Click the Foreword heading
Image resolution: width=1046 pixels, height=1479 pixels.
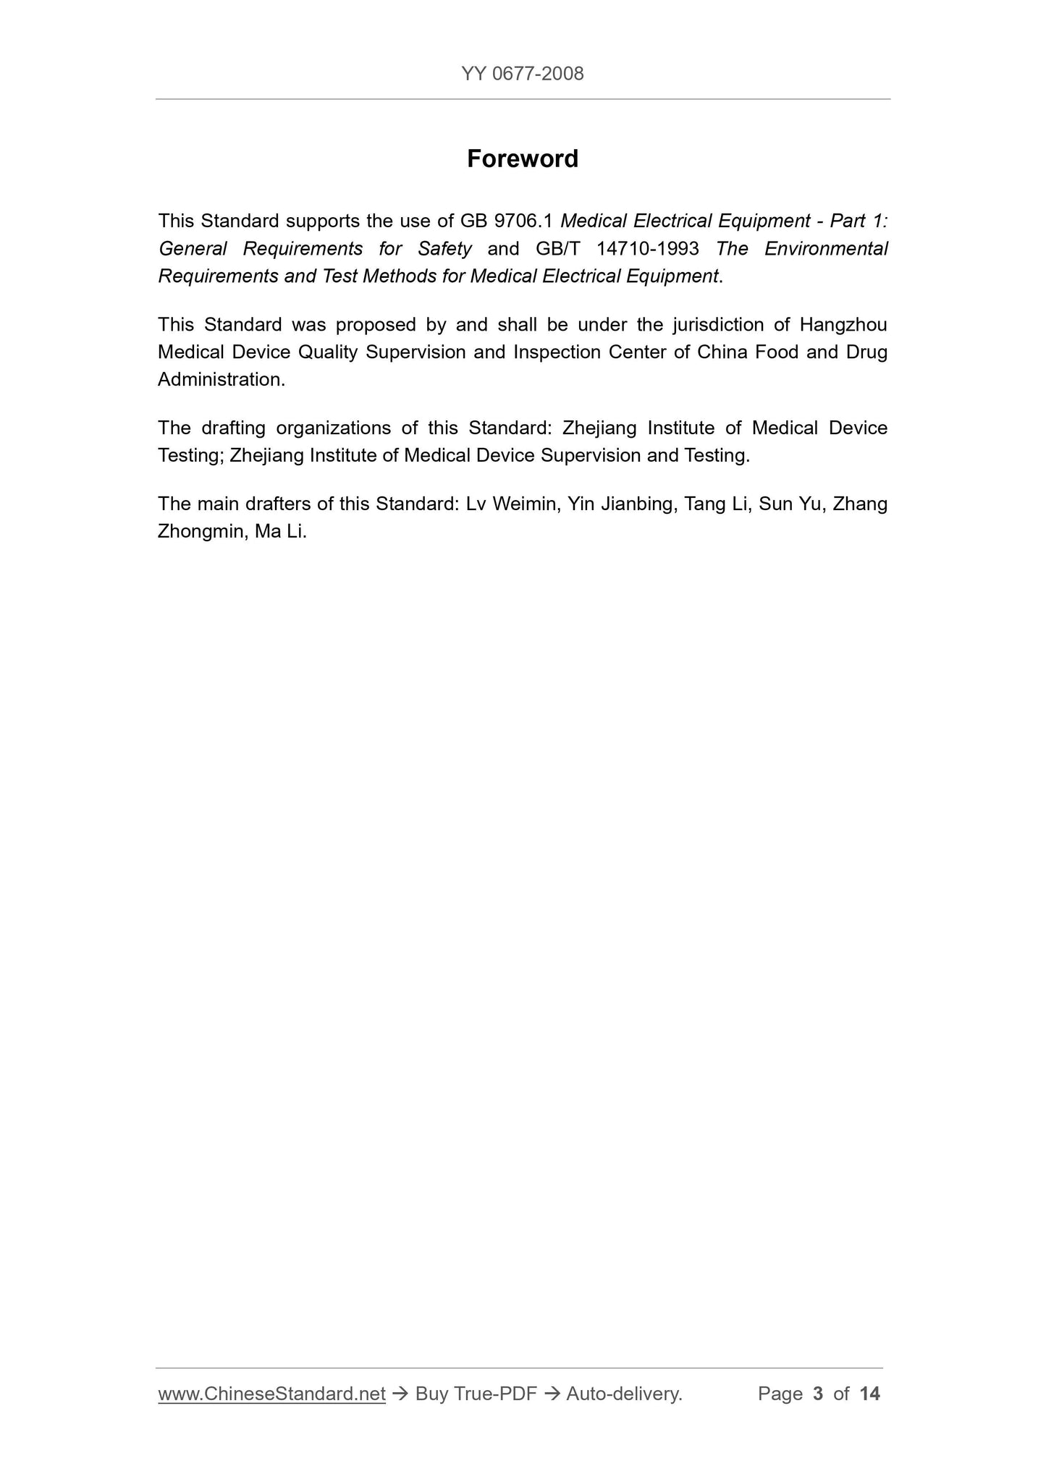click(522, 159)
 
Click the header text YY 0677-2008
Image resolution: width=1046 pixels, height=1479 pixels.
click(522, 74)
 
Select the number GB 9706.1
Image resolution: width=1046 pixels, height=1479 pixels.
click(507, 221)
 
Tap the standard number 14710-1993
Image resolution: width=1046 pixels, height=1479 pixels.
click(648, 249)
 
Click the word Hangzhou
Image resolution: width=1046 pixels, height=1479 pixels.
click(843, 325)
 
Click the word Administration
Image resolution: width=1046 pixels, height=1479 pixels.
click(221, 380)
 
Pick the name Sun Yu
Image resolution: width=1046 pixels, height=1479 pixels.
click(790, 504)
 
